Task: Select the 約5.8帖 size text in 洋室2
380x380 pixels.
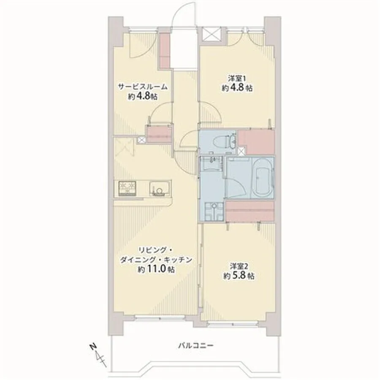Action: pos(239,276)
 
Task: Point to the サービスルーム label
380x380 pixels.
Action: pos(143,87)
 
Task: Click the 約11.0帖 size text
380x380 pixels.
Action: pos(156,269)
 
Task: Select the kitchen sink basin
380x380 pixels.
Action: pos(158,189)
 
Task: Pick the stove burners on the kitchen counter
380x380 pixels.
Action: pos(127,189)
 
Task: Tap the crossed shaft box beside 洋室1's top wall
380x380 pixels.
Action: pos(211,34)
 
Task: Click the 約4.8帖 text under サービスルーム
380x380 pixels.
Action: pos(143,97)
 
